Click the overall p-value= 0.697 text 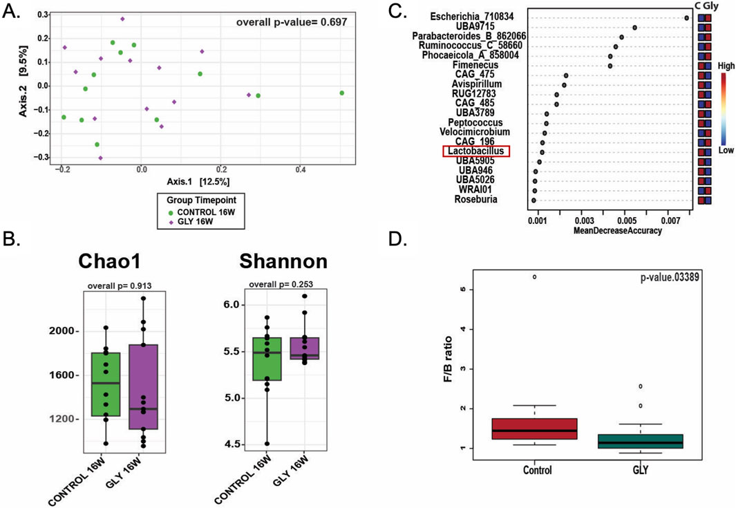291,22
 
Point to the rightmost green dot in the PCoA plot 341,93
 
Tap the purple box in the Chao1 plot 143,386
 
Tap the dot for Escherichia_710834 686,19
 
